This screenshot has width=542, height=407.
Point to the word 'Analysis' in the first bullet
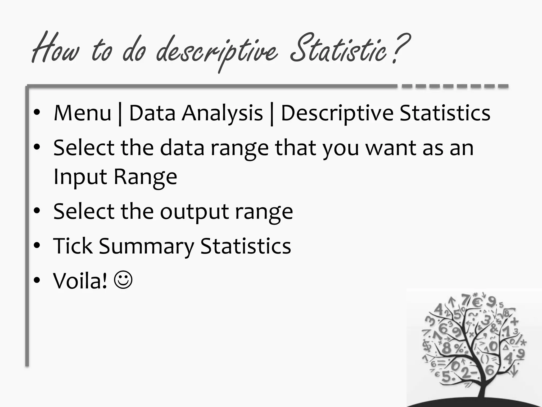click(222, 113)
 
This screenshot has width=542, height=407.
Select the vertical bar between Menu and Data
click(120, 114)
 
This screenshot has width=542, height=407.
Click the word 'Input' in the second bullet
click(79, 177)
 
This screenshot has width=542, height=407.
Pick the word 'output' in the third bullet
click(194, 212)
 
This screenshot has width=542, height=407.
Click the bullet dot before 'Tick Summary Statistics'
click(37, 245)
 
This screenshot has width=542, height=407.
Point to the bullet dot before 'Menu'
click(37, 113)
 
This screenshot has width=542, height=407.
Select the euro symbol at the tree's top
click(477, 302)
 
